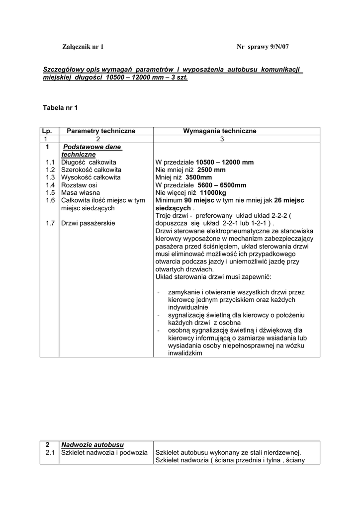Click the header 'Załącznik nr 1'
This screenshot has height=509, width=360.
pos(83,47)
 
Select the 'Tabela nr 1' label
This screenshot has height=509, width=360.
pos(61,107)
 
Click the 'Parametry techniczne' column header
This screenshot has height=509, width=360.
pos(101,131)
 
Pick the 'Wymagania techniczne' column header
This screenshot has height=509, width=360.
pos(220,131)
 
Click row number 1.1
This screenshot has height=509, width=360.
pos(50,162)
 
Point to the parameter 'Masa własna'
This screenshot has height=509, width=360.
pos(80,192)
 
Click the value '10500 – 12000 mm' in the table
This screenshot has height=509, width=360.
pos(225,162)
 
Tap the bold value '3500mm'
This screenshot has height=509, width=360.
pos(199,177)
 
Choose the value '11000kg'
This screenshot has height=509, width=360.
pos(216,192)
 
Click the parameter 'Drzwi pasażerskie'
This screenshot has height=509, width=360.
pos(88,223)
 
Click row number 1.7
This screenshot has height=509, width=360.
pos(50,223)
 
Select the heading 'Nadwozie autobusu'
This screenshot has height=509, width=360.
pos(92,444)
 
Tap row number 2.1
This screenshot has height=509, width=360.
pos(50,452)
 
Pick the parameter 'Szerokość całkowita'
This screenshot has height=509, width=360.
pos(91,170)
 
